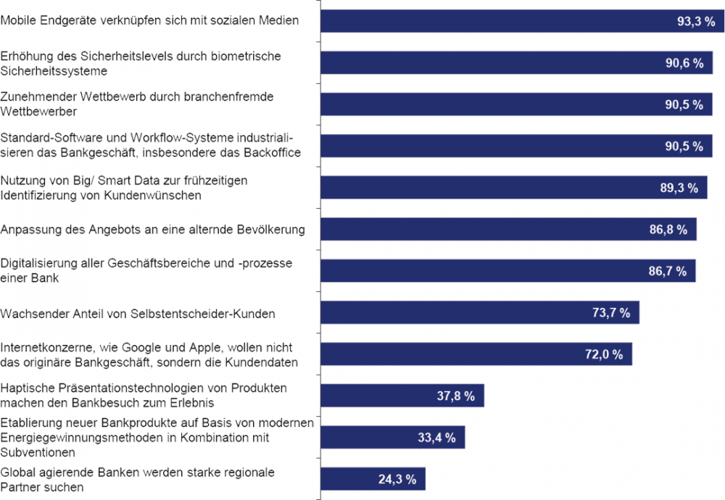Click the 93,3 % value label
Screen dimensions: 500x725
[x=697, y=22]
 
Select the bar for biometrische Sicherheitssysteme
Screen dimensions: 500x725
[x=507, y=63]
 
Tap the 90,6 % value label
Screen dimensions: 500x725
[x=686, y=63]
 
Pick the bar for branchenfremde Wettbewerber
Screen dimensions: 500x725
[x=507, y=104]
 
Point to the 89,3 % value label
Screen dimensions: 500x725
[x=680, y=188]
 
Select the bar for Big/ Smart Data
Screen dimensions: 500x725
[x=500, y=188]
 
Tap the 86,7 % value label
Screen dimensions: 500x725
[x=669, y=271]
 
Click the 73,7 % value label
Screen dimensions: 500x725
[x=611, y=313]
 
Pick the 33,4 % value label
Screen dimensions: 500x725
[x=436, y=438]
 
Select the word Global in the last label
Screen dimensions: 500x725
[x=17, y=472]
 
